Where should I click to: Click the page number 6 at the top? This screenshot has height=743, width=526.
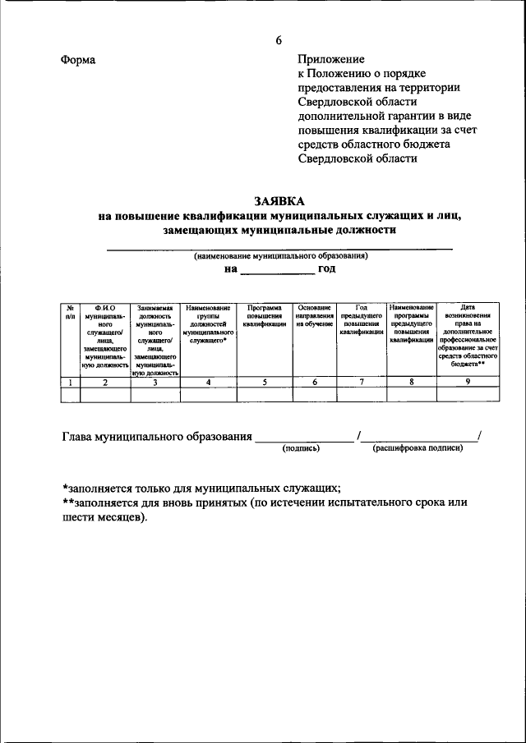279,41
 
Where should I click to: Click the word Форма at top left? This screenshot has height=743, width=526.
78,61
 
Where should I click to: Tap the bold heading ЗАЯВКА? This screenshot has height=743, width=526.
279,200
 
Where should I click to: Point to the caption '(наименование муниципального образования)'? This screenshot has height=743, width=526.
280,256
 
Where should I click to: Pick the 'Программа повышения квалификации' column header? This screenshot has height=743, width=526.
265,315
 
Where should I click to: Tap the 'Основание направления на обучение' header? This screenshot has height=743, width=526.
314,315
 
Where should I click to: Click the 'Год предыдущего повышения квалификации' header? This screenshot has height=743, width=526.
362,320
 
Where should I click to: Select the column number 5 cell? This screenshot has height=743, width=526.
265,382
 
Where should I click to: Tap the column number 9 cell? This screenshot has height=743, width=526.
468,382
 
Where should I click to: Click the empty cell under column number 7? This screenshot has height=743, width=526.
362,395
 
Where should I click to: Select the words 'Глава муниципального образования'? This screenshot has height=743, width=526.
157,437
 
